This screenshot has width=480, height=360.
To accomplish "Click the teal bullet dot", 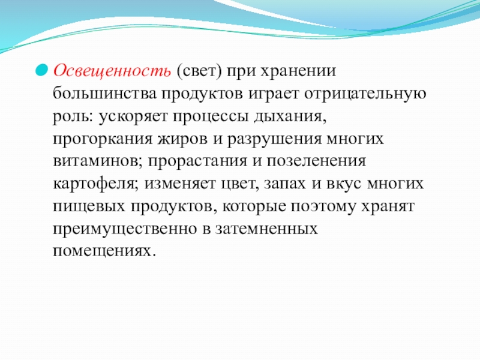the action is click(41, 70).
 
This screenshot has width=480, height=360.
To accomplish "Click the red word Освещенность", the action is click(112, 71).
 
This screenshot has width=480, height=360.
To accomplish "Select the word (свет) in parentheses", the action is click(199, 71).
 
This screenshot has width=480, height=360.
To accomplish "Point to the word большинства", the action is click(104, 93).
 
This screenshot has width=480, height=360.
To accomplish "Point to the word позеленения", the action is click(316, 161).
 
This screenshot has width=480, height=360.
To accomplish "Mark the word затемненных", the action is click(266, 229).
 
